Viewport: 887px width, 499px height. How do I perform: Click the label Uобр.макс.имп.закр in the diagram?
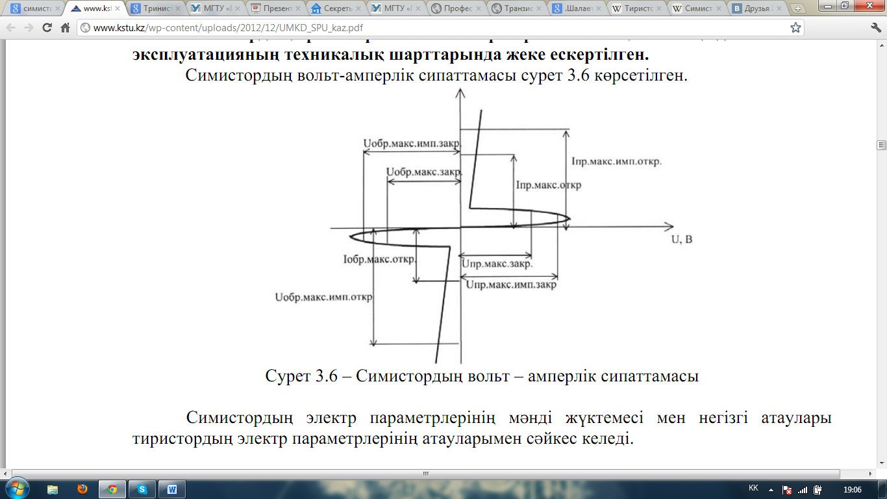point(410,144)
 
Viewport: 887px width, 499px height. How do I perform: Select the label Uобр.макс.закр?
point(423,172)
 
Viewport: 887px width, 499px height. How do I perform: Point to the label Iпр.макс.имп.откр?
point(616,161)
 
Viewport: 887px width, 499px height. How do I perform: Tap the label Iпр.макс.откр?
point(548,185)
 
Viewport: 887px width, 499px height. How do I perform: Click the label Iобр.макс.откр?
point(379,260)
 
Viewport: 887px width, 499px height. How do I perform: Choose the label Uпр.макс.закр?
point(497,264)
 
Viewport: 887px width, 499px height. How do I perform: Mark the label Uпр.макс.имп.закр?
point(511,285)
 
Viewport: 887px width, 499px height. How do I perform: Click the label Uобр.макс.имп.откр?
point(323,298)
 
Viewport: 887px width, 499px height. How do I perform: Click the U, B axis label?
point(682,239)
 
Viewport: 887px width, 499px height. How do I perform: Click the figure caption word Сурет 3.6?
point(301,376)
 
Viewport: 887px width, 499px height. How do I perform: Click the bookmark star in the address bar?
point(795,28)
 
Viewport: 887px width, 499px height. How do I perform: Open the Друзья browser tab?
point(756,9)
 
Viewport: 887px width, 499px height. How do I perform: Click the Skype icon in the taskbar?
point(142,489)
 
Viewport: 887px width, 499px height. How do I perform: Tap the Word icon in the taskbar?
point(172,489)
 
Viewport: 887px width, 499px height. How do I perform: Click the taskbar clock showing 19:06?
point(852,489)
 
